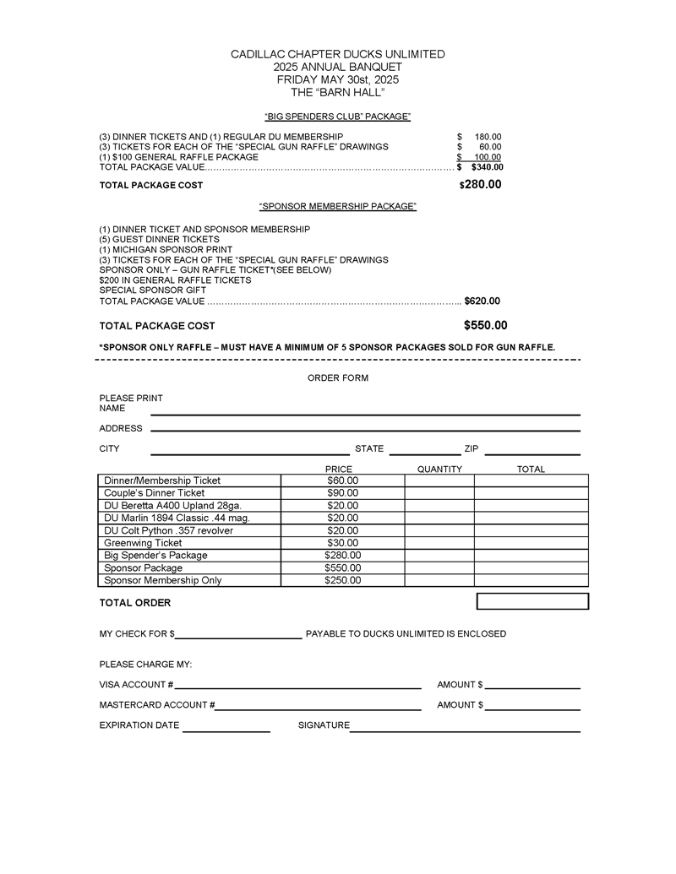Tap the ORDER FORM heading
click(x=338, y=378)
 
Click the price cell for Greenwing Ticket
click(x=342, y=543)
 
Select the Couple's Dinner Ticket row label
click(x=154, y=493)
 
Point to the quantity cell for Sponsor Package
click(x=439, y=568)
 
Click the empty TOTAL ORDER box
click(x=532, y=601)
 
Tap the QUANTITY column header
click(x=439, y=470)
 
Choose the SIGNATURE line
click(x=465, y=730)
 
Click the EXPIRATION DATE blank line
click(x=226, y=730)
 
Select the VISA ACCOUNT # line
click(x=297, y=688)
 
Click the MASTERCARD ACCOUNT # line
click(x=318, y=709)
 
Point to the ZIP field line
click(x=532, y=454)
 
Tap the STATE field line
click(x=424, y=454)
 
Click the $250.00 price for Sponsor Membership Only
click(x=342, y=581)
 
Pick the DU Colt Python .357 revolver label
click(x=168, y=530)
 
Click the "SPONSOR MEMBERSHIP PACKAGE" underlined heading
click(x=338, y=207)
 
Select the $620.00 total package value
click(x=482, y=301)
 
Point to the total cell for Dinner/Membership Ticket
click(x=531, y=480)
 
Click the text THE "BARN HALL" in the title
click(x=338, y=91)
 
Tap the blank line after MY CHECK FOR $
click(x=238, y=638)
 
